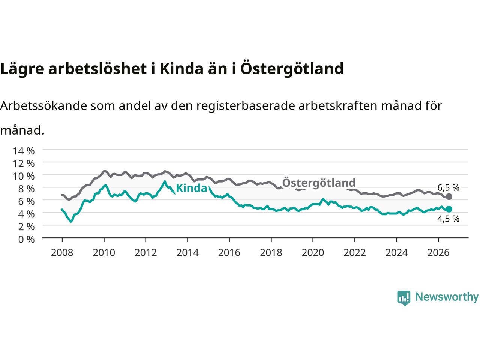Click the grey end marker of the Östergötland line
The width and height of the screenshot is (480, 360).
point(449,197)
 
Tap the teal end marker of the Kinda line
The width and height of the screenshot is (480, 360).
point(449,209)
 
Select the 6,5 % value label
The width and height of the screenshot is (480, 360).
point(448,187)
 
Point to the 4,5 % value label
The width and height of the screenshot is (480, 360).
point(448,219)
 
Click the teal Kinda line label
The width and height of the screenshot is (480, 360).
point(191,188)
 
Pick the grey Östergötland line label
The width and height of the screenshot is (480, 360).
point(319,182)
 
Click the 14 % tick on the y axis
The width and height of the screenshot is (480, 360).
point(24,151)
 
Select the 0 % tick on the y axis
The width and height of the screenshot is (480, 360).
point(27,240)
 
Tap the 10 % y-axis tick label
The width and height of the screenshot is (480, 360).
point(24,176)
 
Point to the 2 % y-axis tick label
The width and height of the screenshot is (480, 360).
point(27,227)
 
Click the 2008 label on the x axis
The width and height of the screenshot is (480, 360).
point(62,253)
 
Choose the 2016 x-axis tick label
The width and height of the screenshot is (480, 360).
point(229,253)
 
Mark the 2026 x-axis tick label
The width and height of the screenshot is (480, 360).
point(438,253)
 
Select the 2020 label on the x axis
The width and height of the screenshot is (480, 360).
point(313,253)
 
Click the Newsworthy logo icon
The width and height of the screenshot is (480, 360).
point(403,298)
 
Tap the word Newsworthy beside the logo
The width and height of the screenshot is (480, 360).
point(447,297)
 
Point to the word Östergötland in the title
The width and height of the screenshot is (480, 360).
point(292,68)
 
